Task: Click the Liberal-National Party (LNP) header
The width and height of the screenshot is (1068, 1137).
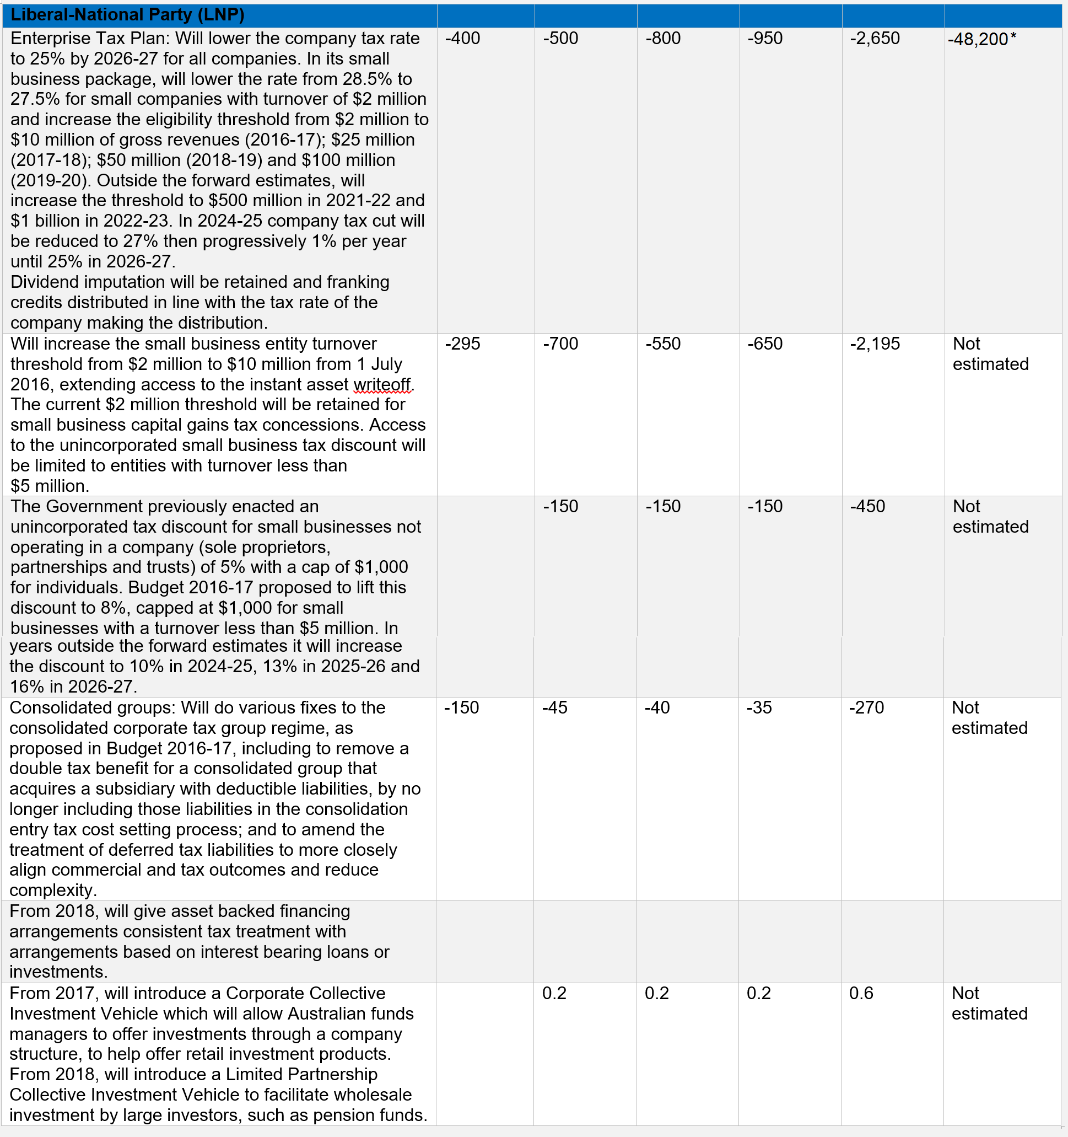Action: pyautogui.click(x=127, y=15)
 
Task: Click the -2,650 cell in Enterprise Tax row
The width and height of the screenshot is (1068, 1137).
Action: pyautogui.click(x=875, y=38)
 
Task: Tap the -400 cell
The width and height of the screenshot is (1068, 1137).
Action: pyautogui.click(x=462, y=38)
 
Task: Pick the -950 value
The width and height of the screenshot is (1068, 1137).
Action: pyautogui.click(x=765, y=38)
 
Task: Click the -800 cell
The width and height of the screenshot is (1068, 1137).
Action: pyautogui.click(x=663, y=38)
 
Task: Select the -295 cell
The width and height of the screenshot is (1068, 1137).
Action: pyautogui.click(x=462, y=344)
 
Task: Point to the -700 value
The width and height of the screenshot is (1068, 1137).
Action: pyautogui.click(x=560, y=344)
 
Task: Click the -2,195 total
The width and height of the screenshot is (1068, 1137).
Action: pyautogui.click(x=875, y=344)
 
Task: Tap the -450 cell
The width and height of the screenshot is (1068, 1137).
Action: pyautogui.click(x=867, y=506)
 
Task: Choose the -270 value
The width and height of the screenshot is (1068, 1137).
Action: pyautogui.click(x=866, y=707)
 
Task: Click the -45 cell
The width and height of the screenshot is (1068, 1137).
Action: pyautogui.click(x=554, y=707)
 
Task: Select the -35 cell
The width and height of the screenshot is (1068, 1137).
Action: pyautogui.click(x=759, y=707)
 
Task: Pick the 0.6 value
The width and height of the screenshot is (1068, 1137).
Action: pyautogui.click(x=861, y=993)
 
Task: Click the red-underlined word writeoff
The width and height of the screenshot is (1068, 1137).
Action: pyautogui.click(x=381, y=384)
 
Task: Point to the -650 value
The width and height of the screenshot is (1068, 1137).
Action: pyautogui.click(x=765, y=344)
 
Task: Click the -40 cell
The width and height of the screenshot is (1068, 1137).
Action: pyautogui.click(x=657, y=707)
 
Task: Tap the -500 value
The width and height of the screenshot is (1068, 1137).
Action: pyautogui.click(x=560, y=38)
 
